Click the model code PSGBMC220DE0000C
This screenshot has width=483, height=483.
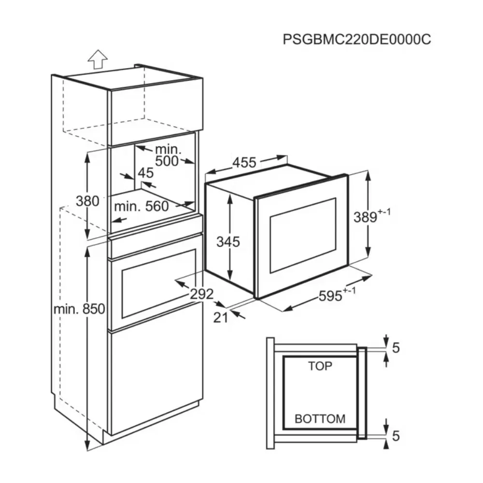pyautogui.click(x=357, y=40)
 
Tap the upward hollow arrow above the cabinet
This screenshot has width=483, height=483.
pyautogui.click(x=98, y=59)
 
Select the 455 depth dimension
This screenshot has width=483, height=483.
pyautogui.click(x=244, y=162)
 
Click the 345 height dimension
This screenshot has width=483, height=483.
pyautogui.click(x=228, y=242)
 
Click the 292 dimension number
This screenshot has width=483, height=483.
pyautogui.click(x=201, y=294)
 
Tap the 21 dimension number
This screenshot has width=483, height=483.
pyautogui.click(x=221, y=317)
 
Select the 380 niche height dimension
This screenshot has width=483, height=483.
pyautogui.click(x=87, y=201)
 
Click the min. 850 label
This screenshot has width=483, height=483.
pyautogui.click(x=80, y=309)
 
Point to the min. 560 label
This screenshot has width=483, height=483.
pyautogui.click(x=142, y=206)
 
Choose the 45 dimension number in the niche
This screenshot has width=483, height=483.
pyautogui.click(x=145, y=173)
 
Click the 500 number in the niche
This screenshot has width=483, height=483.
pyautogui.click(x=167, y=161)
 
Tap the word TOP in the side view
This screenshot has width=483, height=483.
pyautogui.click(x=320, y=366)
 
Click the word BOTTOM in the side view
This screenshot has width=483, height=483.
pyautogui.click(x=320, y=419)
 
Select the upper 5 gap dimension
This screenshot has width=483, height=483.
pyautogui.click(x=396, y=348)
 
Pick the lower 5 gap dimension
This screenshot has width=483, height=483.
pyautogui.click(x=396, y=436)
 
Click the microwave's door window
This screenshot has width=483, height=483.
pyautogui.click(x=303, y=236)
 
